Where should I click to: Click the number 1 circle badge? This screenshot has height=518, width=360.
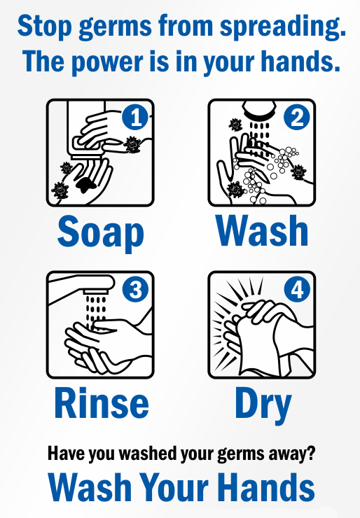[x=135, y=117]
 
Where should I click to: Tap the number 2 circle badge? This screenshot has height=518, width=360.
[x=296, y=117]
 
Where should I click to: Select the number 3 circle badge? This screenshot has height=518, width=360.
[x=135, y=289]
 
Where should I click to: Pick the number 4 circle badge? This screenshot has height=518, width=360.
[x=296, y=289]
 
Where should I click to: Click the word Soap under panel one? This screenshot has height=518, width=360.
[x=101, y=233]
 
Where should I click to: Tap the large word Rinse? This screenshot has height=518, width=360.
[x=102, y=403]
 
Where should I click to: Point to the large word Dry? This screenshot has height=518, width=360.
[x=263, y=406]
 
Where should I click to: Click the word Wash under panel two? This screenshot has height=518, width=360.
[x=262, y=230]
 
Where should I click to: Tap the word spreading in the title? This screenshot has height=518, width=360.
[x=283, y=27]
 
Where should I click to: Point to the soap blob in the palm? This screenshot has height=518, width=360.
[x=86, y=184]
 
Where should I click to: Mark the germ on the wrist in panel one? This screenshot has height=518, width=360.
[x=132, y=144]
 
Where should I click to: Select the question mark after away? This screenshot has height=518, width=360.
[x=310, y=453]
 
